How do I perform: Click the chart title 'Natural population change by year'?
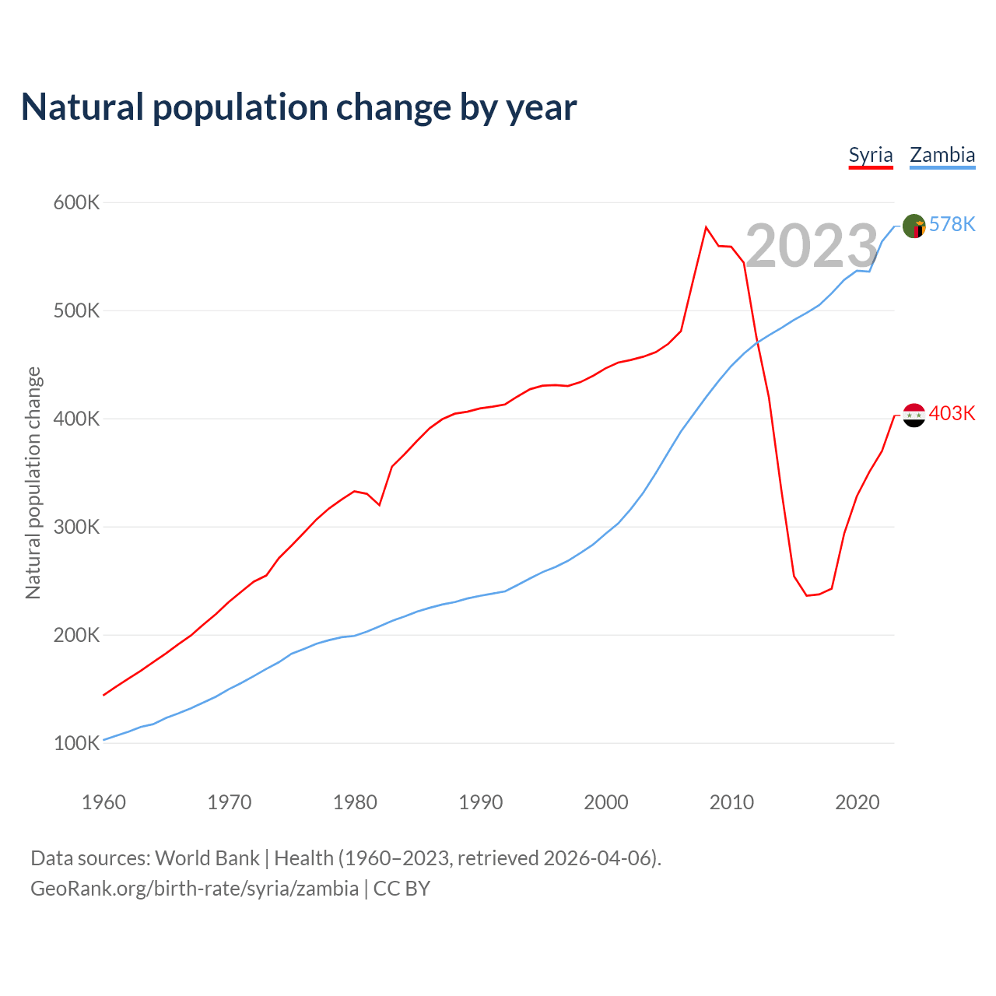click(299, 107)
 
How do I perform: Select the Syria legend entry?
click(870, 155)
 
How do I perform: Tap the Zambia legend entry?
click(942, 155)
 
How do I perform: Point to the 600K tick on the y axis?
click(77, 203)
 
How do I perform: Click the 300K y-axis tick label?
click(77, 528)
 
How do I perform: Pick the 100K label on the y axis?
click(77, 744)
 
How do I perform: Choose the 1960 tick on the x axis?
click(103, 802)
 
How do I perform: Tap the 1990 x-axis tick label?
click(480, 802)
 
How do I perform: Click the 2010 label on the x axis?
click(731, 802)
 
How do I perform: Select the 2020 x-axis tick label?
click(857, 802)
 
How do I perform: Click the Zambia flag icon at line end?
click(914, 226)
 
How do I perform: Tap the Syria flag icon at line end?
click(914, 415)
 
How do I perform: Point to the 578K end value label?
click(952, 225)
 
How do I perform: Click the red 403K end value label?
click(952, 414)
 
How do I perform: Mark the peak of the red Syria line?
click(706, 227)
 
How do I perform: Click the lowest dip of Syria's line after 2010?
click(807, 595)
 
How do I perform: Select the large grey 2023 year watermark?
click(812, 246)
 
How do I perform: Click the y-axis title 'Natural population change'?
click(33, 483)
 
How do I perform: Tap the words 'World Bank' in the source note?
click(207, 858)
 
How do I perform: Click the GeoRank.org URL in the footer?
click(195, 889)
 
